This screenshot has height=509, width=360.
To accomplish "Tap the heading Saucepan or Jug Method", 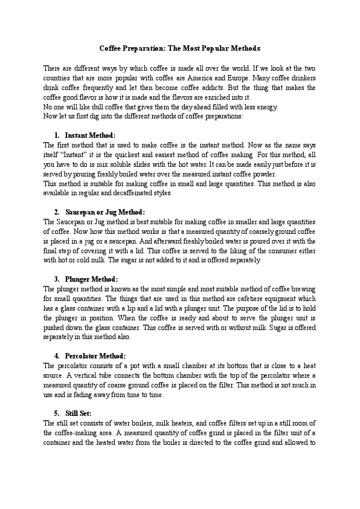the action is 105,212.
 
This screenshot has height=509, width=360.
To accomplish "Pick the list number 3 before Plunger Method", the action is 56,279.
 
